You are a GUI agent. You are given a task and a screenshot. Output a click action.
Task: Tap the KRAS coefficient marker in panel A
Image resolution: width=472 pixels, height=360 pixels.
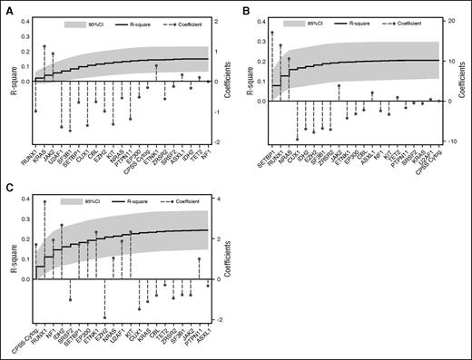44,46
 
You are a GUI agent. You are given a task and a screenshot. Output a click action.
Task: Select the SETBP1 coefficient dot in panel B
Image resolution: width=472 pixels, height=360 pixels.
271,34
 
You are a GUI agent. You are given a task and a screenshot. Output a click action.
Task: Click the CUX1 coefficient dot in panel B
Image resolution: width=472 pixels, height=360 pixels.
297,139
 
